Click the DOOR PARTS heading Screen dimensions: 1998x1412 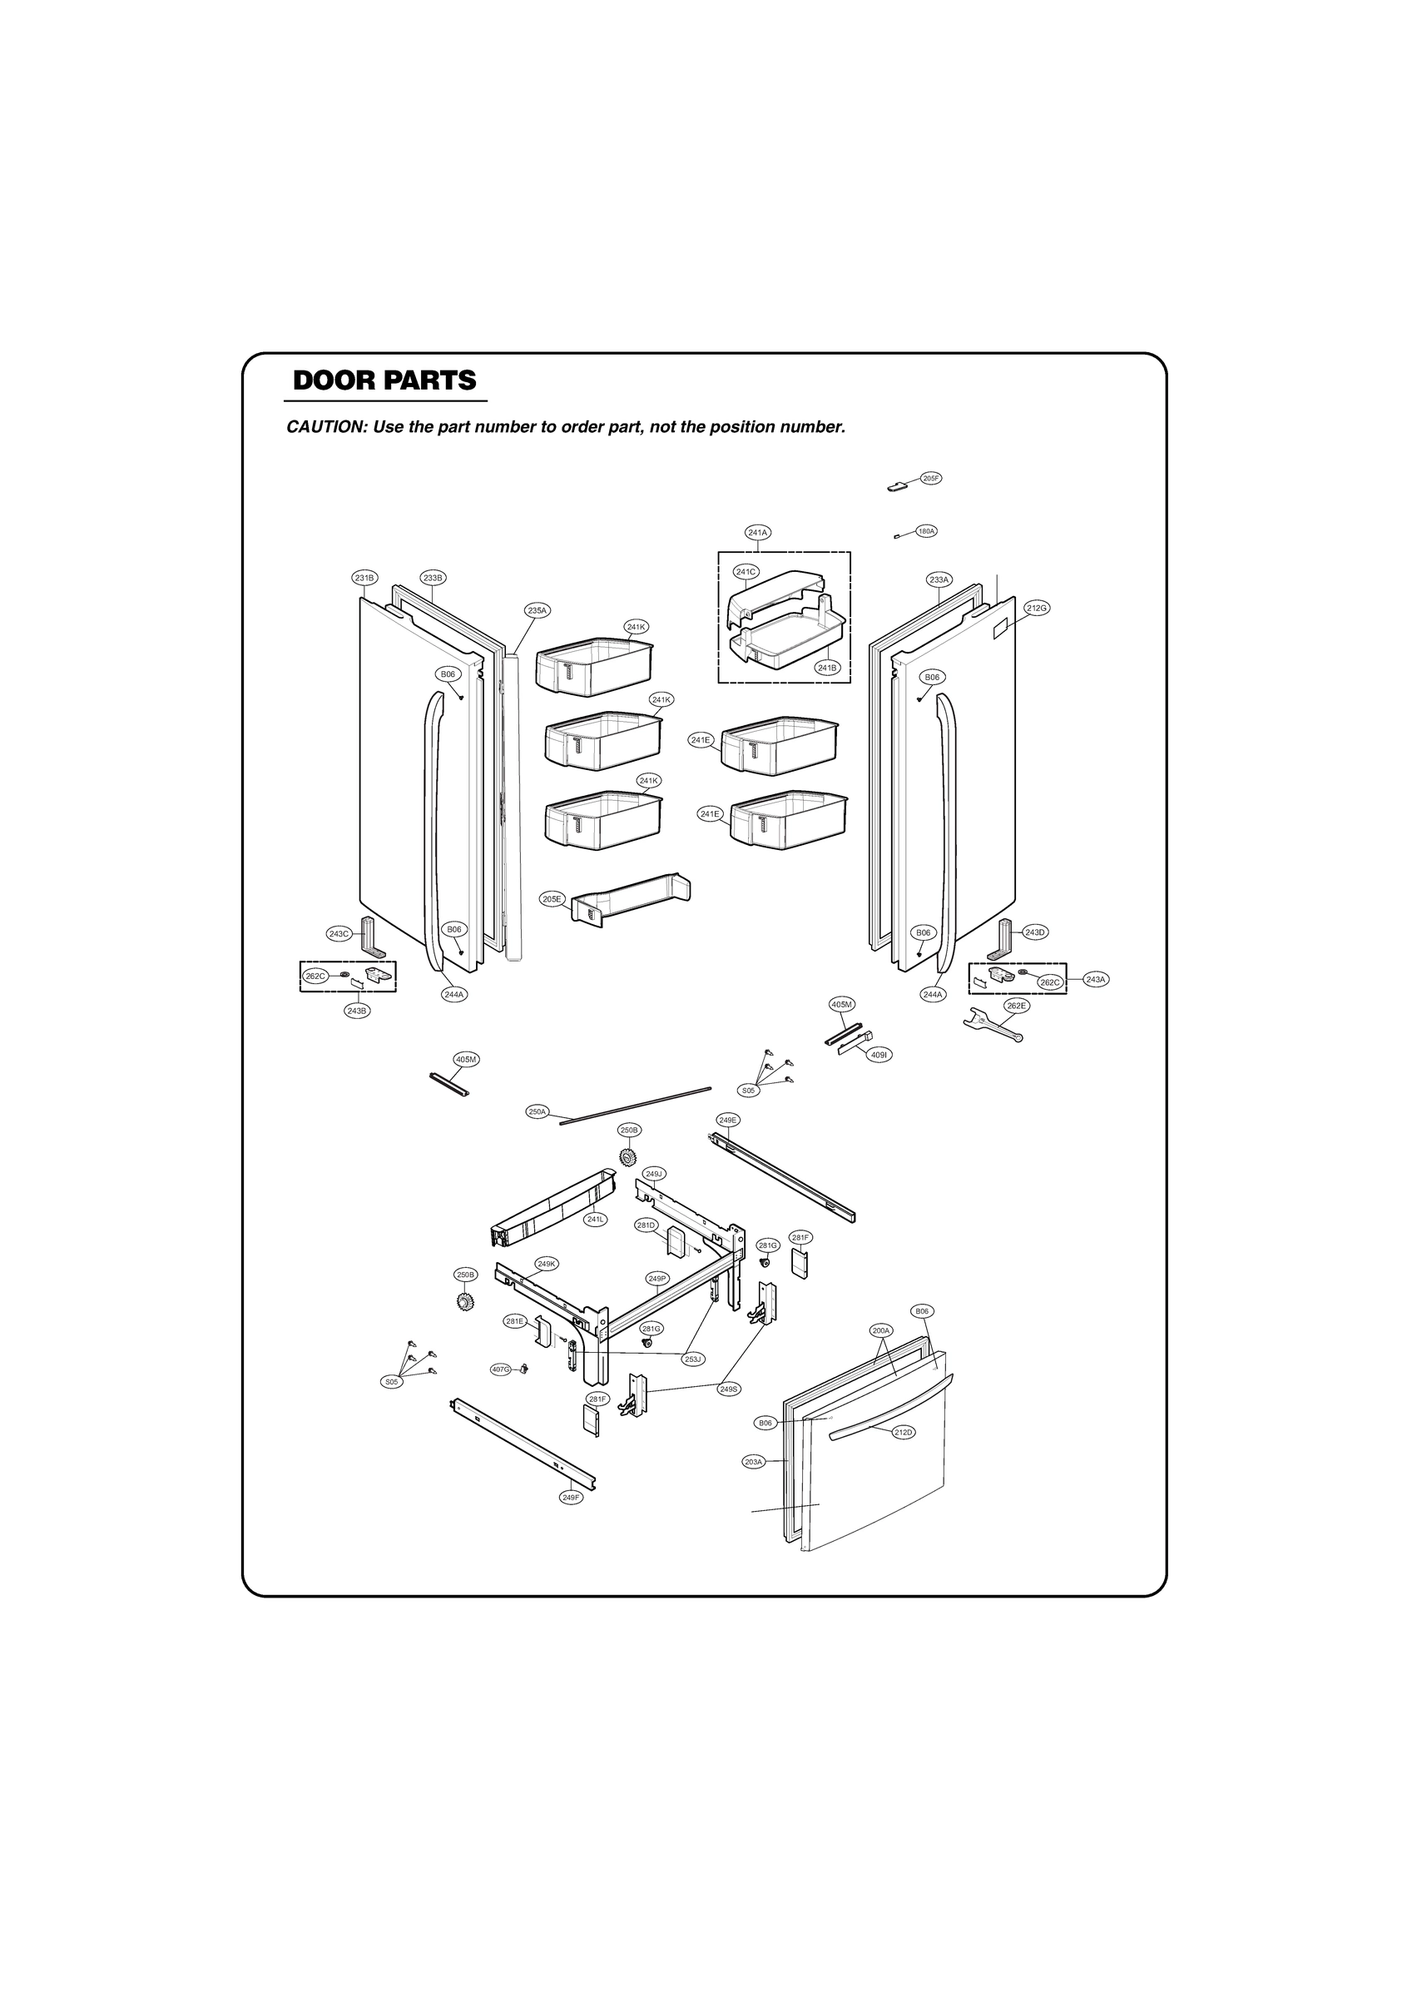pyautogui.click(x=384, y=380)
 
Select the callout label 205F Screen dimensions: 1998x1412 pyautogui.click(x=931, y=479)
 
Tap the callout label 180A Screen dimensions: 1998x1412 pyautogui.click(x=927, y=531)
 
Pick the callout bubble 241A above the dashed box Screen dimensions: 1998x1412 pyautogui.click(x=758, y=532)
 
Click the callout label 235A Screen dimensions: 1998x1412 pyautogui.click(x=537, y=611)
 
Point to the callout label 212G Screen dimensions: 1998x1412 pyautogui.click(x=1036, y=608)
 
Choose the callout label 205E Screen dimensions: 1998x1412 pyautogui.click(x=552, y=899)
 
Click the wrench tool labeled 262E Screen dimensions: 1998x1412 pyautogui.click(x=993, y=1024)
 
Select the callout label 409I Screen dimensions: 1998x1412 pyautogui.click(x=879, y=1055)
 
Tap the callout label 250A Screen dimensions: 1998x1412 pyautogui.click(x=537, y=1111)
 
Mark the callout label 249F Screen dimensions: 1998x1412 pyautogui.click(x=570, y=1498)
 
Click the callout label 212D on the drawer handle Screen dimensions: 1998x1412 pyautogui.click(x=904, y=1432)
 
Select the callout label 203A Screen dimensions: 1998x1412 pyautogui.click(x=753, y=1461)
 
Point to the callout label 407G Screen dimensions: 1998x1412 pyautogui.click(x=500, y=1369)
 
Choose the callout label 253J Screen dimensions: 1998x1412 pyautogui.click(x=692, y=1359)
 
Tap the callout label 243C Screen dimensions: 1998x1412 pyautogui.click(x=339, y=934)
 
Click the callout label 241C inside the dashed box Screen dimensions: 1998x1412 pyautogui.click(x=746, y=572)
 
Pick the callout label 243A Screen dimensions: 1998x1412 pyautogui.click(x=1095, y=979)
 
